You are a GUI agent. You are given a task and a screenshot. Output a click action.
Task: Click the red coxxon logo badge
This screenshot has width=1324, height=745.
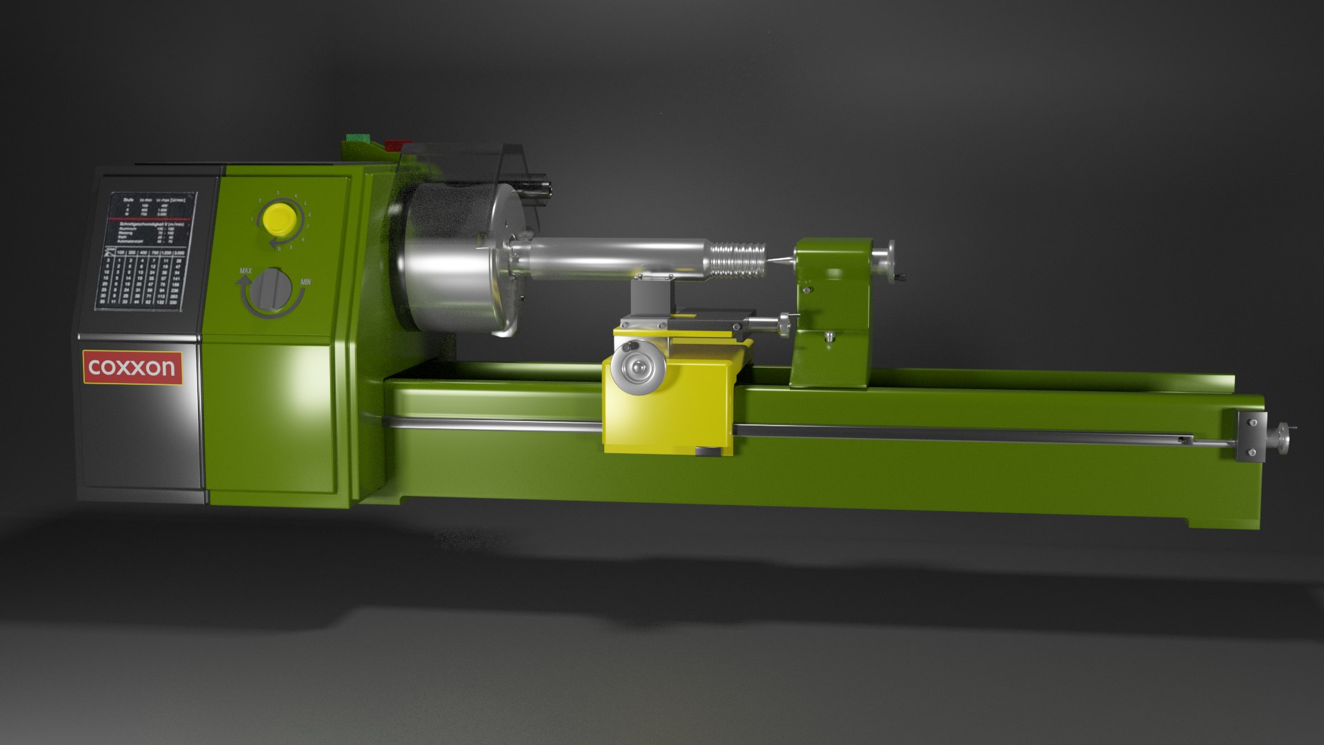pos(132,367)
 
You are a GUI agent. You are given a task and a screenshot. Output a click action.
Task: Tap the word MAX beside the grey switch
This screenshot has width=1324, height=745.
pos(245,271)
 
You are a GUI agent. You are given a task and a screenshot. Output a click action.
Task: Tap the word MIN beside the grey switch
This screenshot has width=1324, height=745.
pos(306,282)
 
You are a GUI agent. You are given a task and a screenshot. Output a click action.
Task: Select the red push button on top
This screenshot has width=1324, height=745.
pos(397,144)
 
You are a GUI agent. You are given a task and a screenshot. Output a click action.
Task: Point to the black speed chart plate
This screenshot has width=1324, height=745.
pos(146,251)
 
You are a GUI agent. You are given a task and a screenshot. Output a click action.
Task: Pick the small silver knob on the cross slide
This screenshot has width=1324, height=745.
pos(785,321)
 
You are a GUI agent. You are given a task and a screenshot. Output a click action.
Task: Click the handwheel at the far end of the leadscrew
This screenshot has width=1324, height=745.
pos(1283,439)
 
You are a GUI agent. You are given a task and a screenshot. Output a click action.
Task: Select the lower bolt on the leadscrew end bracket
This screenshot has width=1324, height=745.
pos(1252,453)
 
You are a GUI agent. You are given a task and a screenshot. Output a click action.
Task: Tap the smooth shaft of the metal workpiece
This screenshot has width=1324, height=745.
pos(614,258)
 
